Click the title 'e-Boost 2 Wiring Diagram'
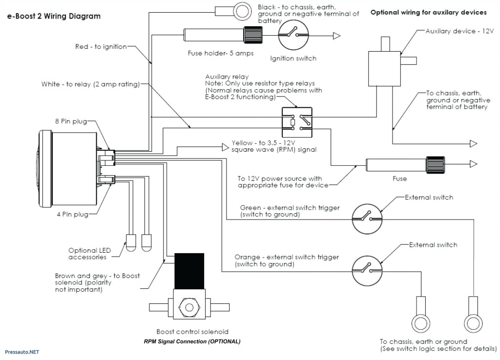coord(53,16)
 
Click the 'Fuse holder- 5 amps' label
coord(221,53)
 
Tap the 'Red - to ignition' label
coord(101,47)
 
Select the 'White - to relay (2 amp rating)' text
coord(90,84)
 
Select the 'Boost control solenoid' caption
coord(192,332)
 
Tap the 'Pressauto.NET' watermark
coord(21,352)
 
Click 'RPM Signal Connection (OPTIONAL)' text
coord(192,341)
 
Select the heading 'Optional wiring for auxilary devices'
coord(428,12)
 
